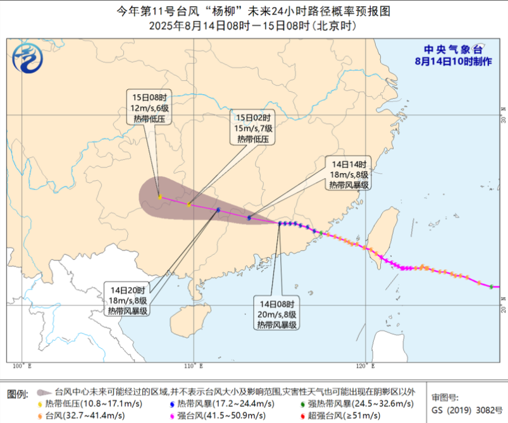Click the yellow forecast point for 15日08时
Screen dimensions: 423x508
[x=159, y=197]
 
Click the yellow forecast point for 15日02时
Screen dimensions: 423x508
[x=189, y=204]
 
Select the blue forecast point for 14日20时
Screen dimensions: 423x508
[x=218, y=210]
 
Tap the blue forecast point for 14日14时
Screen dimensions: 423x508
[x=249, y=218]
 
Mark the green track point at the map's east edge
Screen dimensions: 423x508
[x=492, y=286]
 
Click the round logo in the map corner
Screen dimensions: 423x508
[x=28, y=59]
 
